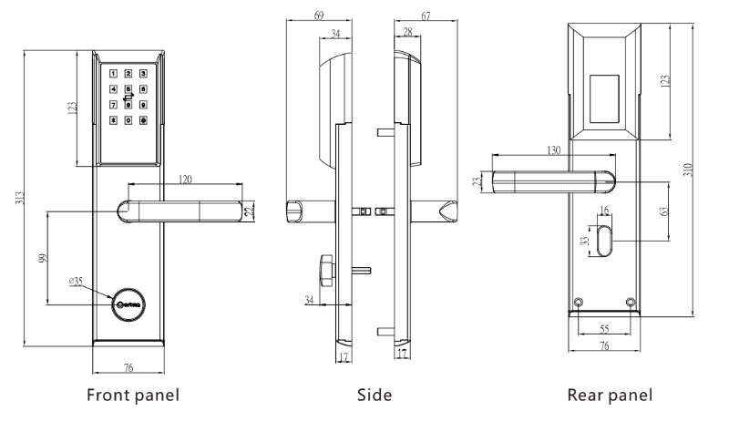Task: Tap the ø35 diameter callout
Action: click(x=77, y=282)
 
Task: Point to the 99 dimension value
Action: click(x=43, y=257)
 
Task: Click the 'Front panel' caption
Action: click(x=132, y=396)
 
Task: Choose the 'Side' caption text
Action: click(x=374, y=396)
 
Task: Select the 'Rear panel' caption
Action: click(x=610, y=396)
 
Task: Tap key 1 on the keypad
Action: click(x=114, y=74)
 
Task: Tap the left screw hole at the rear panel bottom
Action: click(x=579, y=303)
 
